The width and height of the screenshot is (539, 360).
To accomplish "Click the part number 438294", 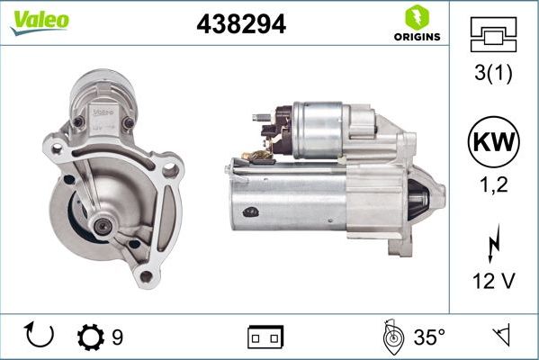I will point(241,25).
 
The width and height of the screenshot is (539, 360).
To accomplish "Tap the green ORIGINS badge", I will point(416,24).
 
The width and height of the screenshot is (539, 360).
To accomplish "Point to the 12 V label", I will point(492,282).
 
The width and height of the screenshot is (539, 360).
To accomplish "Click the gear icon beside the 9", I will point(90,337).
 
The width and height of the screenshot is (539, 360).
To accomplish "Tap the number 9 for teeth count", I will point(118,337).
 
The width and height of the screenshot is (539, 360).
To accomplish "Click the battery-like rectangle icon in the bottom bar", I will point(265,337).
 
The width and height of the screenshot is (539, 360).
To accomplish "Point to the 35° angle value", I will point(429,337).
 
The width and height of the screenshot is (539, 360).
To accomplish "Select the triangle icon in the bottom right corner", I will point(501,337).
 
